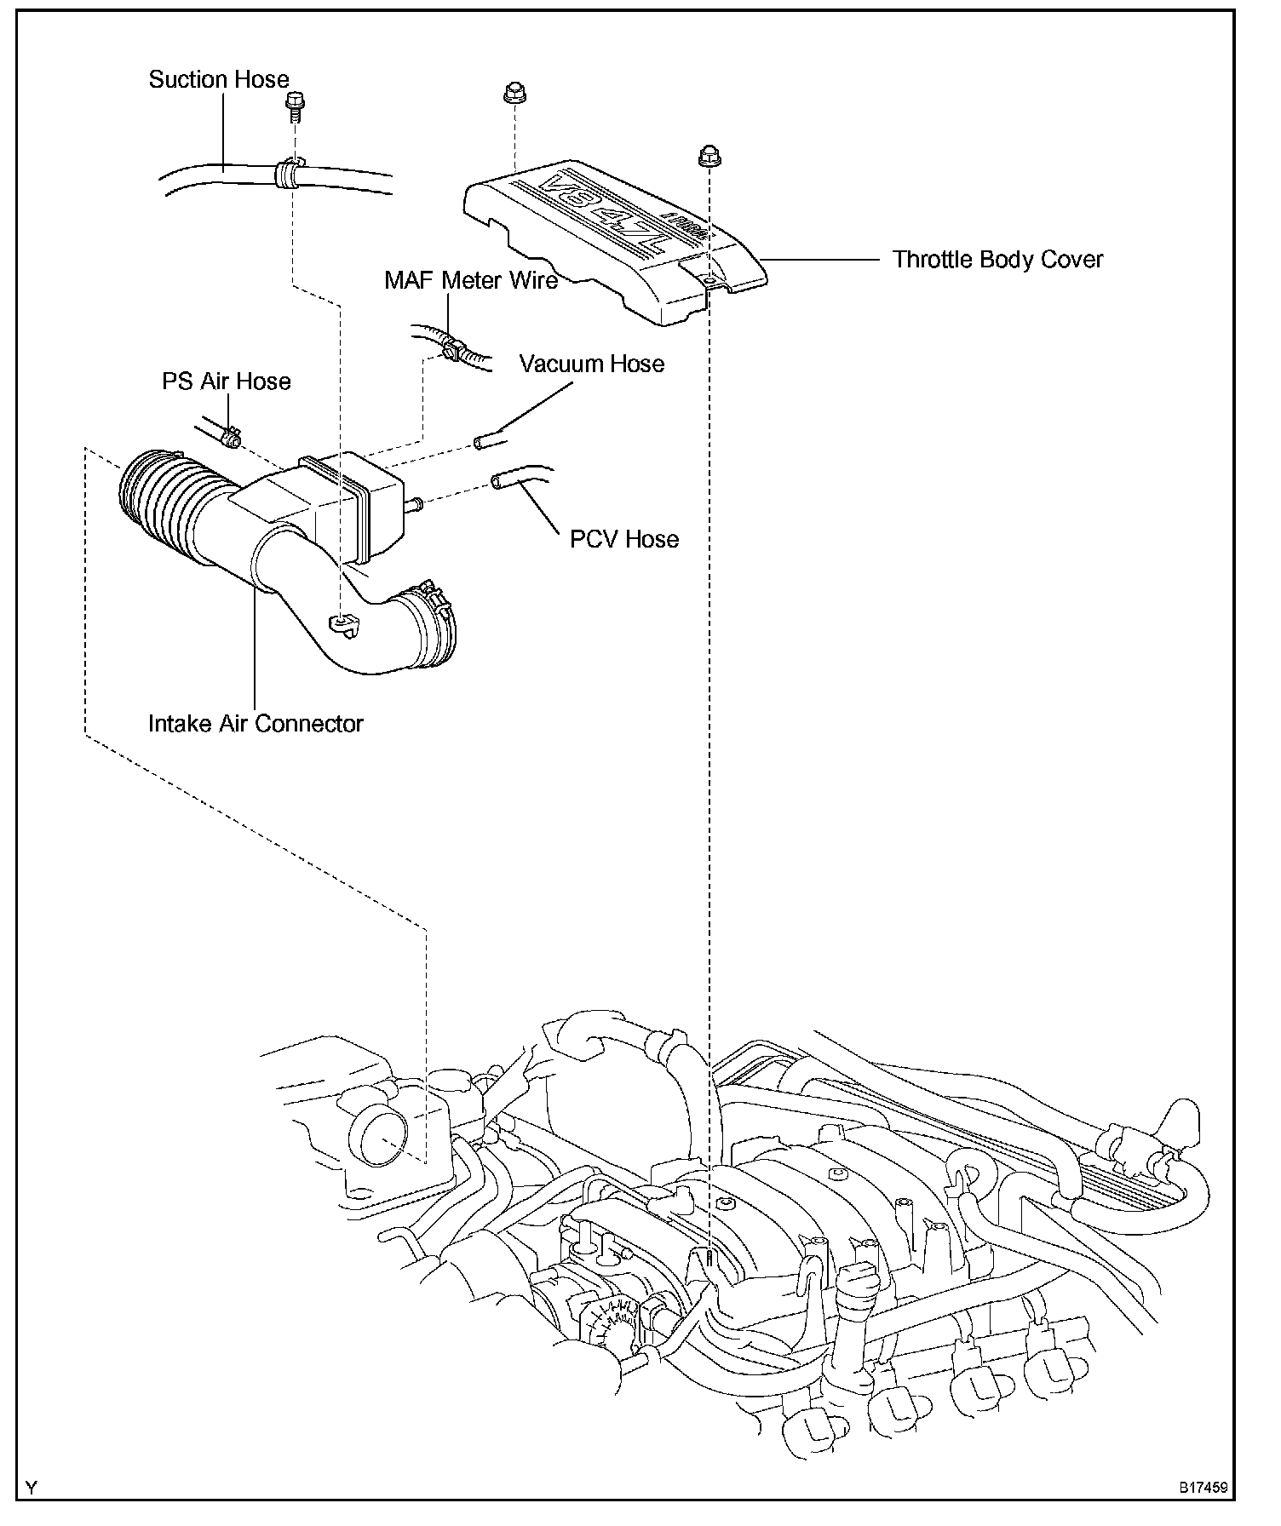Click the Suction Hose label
tap(219, 80)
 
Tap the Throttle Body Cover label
tap(997, 260)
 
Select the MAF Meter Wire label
tap(471, 280)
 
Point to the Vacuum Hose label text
tap(592, 364)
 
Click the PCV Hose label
tap(624, 539)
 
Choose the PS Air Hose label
tap(227, 381)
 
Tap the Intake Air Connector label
tap(256, 724)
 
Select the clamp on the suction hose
tap(289, 174)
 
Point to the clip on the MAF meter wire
tap(452, 347)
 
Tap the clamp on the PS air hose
tap(229, 439)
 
